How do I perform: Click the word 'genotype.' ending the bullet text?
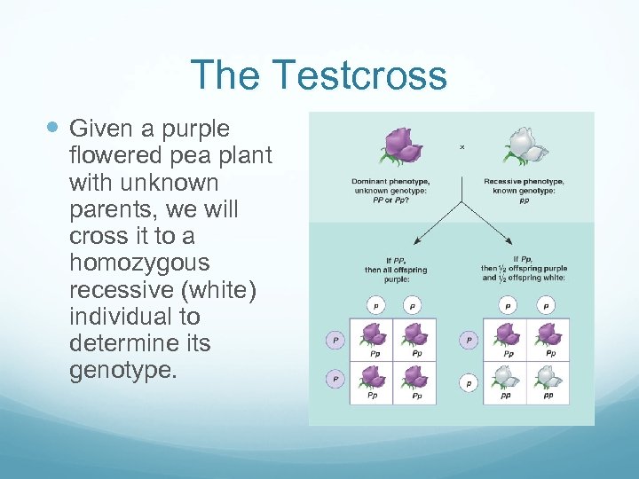click(123, 369)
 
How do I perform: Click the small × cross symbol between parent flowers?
click(461, 146)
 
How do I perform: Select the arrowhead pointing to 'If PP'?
click(414, 238)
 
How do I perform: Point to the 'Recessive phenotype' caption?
click(524, 183)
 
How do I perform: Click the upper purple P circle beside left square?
click(335, 340)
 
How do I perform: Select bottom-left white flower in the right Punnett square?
click(506, 376)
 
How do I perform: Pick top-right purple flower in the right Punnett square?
click(548, 334)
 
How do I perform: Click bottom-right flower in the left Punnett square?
click(415, 376)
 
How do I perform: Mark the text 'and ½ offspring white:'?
click(525, 278)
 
